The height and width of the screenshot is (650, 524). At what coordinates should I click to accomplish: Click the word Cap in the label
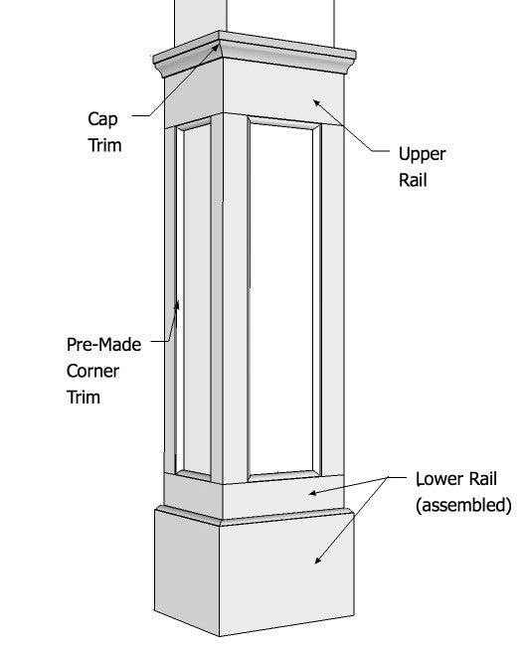pos(102,119)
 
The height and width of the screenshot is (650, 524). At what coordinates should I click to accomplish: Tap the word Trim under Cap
pos(104,145)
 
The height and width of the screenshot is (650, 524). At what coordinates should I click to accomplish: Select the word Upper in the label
pos(422,155)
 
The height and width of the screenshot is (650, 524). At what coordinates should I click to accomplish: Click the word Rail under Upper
pos(413,180)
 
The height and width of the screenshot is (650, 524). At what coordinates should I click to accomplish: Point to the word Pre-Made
pos(103,345)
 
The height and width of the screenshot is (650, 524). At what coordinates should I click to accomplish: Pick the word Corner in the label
pos(92,371)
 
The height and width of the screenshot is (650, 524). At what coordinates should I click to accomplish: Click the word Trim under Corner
pos(84,398)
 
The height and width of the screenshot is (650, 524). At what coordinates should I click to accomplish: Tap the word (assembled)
pos(463,505)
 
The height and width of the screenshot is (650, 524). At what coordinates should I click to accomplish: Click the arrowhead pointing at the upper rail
pos(317,102)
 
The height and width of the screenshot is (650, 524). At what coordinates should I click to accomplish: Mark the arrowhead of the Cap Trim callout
pos(216,47)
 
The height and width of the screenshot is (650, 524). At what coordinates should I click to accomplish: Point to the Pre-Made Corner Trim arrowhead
pos(177,305)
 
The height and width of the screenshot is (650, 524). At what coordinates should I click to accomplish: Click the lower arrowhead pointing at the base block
pos(318,560)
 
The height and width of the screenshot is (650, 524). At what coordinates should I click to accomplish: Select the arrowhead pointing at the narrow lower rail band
pos(313,493)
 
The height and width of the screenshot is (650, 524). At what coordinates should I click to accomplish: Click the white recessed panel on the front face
pos(281,298)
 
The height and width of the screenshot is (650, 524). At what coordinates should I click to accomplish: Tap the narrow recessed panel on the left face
pos(197,299)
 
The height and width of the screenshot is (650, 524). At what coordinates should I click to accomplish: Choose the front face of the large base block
pos(287,577)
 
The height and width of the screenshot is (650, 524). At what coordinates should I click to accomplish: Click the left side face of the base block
pos(187,570)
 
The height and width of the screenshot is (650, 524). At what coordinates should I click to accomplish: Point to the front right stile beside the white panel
pos(332,299)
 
